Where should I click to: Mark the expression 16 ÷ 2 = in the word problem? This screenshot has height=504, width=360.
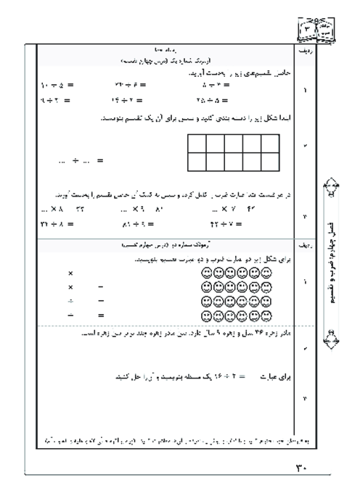218,377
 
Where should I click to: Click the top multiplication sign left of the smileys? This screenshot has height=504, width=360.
70,274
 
